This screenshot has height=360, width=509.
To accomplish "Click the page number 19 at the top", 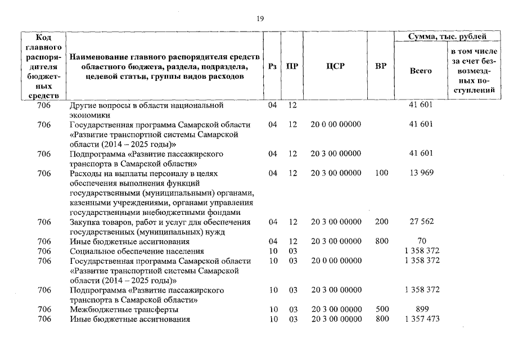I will [x=260, y=19].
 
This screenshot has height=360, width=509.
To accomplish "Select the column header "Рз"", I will [x=273, y=65].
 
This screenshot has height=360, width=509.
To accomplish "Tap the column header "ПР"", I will [x=292, y=65].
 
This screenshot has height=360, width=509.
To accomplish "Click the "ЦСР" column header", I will [x=336, y=65].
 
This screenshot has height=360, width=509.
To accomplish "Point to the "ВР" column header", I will [x=381, y=65].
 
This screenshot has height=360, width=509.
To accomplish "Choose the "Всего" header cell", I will [x=421, y=71].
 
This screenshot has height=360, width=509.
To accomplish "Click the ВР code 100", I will [x=381, y=173].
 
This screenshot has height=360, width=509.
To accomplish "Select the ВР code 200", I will [x=381, y=222].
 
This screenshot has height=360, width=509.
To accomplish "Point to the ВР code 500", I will [x=381, y=309].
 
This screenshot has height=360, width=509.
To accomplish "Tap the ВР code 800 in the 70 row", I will [x=381, y=241].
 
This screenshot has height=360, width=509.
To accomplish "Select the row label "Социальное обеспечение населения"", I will [x=136, y=251].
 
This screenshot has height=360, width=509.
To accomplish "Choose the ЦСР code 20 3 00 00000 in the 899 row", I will [x=336, y=309].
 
